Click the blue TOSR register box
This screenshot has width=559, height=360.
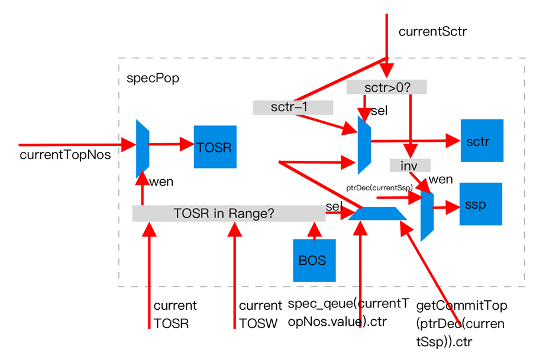(x=215, y=147)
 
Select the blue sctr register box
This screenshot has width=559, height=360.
(x=482, y=141)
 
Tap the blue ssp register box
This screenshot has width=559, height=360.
(x=480, y=204)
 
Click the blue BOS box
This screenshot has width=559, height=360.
(x=315, y=261)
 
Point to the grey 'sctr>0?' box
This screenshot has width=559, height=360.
(x=386, y=87)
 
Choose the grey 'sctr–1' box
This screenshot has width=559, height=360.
(x=293, y=107)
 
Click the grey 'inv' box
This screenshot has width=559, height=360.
(x=410, y=166)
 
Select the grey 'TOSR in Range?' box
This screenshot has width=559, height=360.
(x=229, y=213)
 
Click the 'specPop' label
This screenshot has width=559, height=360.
(x=153, y=79)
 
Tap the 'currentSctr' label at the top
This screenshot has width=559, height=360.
(x=433, y=31)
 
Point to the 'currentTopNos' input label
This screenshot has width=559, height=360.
(x=65, y=155)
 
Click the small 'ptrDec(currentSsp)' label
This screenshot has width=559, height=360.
(x=379, y=187)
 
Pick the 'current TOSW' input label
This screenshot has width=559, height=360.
(x=260, y=314)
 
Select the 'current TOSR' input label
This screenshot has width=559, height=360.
(x=175, y=314)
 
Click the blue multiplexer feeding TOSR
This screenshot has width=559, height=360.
(x=143, y=148)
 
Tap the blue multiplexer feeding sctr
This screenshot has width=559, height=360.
(x=364, y=145)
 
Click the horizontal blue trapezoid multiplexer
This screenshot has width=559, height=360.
(x=377, y=213)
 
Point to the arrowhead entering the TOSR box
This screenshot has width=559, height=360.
(x=187, y=144)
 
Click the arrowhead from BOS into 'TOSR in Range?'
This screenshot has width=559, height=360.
(x=314, y=229)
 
